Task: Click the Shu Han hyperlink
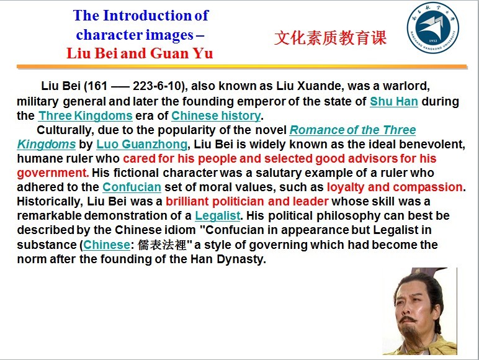coord(394,101)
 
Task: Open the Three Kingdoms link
coord(85,116)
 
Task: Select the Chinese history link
coord(217,116)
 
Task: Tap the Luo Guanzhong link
coord(141,144)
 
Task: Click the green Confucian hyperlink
coord(132,187)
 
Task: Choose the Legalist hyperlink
coord(218,216)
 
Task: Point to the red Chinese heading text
coord(330,38)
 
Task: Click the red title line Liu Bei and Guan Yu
coord(140,53)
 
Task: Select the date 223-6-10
coord(158,86)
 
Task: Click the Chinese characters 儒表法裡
coord(161,245)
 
